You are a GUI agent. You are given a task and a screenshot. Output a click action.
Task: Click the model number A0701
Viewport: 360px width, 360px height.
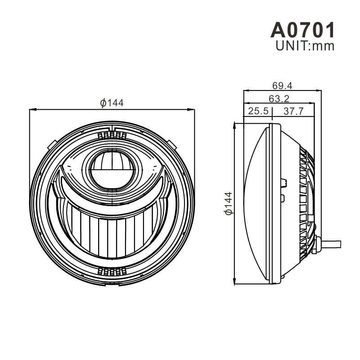[x=303, y=30]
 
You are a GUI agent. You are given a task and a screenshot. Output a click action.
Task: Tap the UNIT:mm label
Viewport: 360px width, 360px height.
[x=305, y=46]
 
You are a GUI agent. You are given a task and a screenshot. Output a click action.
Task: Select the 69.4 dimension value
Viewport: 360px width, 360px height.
[x=282, y=85]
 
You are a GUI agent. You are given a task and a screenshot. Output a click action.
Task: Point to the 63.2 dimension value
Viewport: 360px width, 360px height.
[x=279, y=99]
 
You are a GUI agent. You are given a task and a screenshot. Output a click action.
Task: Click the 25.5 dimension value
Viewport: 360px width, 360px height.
[x=258, y=111]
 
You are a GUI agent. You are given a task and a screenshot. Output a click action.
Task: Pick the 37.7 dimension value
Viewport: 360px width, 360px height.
[x=294, y=111]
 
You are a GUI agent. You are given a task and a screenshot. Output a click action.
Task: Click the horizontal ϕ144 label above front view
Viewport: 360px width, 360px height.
[x=112, y=103]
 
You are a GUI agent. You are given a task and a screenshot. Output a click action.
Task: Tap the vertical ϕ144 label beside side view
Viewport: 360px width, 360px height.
[x=229, y=203]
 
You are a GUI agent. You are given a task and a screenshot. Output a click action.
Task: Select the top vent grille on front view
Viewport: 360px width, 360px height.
[x=112, y=135]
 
